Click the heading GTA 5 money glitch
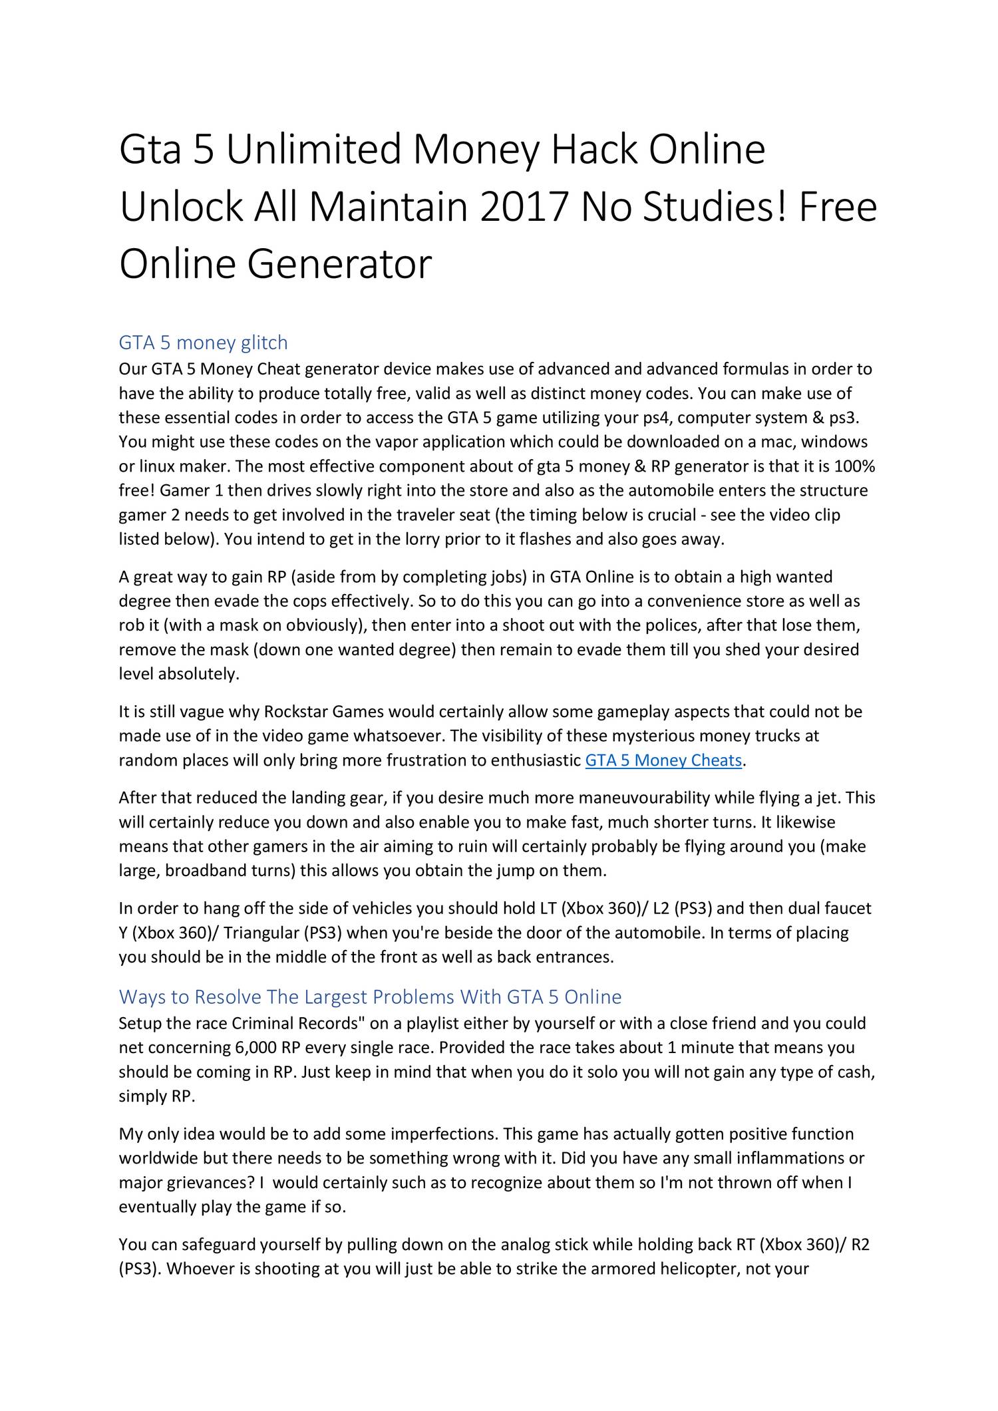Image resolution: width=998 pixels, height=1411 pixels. (203, 343)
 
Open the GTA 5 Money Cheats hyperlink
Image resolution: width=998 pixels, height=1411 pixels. (663, 760)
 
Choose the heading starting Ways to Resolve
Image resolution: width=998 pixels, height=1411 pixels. (370, 997)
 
